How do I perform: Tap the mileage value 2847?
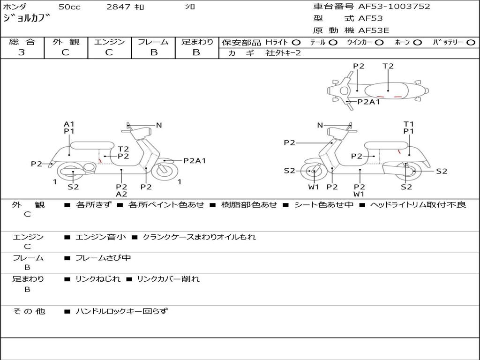118,7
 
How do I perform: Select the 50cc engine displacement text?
68,7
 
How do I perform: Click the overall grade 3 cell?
22,52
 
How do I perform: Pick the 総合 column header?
22,42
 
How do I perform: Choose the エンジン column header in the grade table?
109,42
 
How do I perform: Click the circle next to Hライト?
296,43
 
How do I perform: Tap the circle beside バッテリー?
471,43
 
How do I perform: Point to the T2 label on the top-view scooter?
388,66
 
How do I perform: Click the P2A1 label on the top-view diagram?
368,102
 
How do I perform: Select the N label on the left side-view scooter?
159,125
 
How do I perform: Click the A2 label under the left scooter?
121,194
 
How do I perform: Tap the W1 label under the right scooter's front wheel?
314,187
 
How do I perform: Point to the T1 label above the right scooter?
409,124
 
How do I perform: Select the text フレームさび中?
103,258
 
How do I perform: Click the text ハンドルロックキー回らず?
121,311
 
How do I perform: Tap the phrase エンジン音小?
100,237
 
